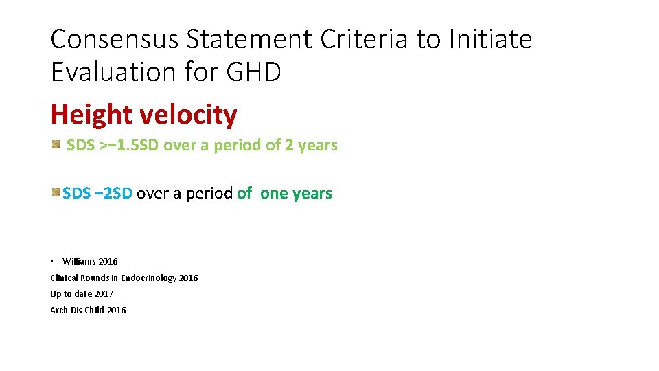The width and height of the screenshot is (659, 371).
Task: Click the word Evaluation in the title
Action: tap(114, 71)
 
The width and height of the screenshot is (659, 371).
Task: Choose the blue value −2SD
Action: tap(113, 194)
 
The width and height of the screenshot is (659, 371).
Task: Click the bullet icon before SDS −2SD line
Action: tap(56, 193)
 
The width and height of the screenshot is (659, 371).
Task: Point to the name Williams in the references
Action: tap(79, 261)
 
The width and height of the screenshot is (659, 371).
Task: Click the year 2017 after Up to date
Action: tap(104, 294)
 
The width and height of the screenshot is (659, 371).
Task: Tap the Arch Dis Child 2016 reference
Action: tap(88, 311)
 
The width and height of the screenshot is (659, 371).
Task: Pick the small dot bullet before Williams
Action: tap(51, 261)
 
